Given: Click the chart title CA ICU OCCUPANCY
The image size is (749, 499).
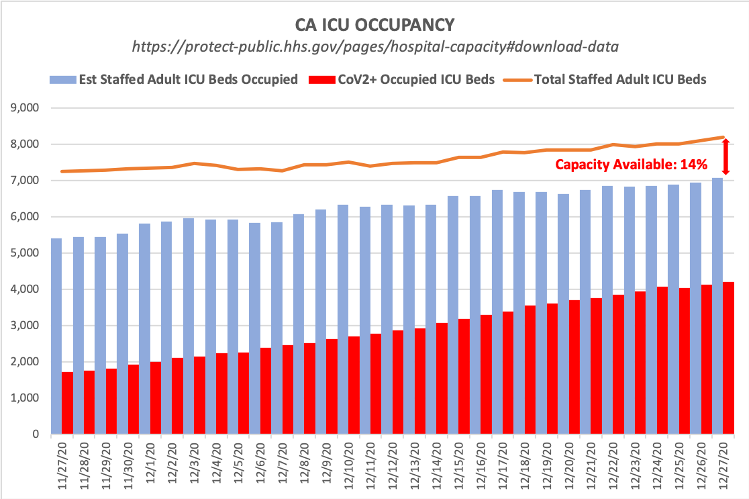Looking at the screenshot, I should tap(374, 25).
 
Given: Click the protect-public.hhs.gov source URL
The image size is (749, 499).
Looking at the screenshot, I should tap(374, 47).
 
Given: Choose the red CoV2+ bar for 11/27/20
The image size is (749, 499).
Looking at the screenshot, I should tap(67, 403).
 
